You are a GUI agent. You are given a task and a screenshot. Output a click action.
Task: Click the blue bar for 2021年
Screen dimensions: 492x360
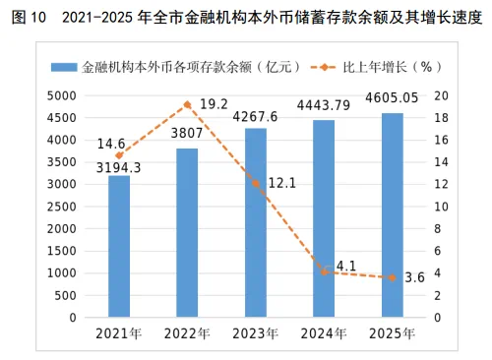pos(119,246)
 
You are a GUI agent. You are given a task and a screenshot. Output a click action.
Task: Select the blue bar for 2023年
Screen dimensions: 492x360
pos(256,222)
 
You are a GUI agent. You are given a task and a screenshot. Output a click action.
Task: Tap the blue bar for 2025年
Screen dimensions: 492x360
pos(393,215)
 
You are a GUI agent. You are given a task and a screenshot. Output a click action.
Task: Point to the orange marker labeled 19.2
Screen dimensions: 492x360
pos(187,105)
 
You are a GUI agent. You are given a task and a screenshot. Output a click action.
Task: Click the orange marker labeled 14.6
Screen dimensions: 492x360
pos(119,155)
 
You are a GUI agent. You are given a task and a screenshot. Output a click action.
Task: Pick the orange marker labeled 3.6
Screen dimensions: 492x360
pos(393,277)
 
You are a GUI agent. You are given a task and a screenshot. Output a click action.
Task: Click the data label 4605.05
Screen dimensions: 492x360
pos(392,97)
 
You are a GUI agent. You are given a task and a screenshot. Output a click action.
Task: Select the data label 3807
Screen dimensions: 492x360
pos(187,133)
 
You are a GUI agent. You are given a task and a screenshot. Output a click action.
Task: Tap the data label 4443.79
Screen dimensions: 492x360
pos(324,105)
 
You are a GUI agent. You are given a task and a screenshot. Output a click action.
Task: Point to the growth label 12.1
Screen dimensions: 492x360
pos(282,183)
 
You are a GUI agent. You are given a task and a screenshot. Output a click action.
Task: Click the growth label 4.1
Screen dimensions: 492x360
pos(346,266)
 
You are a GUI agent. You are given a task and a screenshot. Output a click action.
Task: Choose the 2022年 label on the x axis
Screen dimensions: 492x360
pos(187,333)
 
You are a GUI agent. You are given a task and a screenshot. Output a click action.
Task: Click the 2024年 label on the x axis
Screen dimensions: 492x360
pos(324,333)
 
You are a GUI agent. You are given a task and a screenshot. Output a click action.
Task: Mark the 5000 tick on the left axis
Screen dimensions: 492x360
pos(62,96)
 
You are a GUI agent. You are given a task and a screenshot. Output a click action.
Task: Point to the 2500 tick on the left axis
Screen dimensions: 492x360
pos(62,207)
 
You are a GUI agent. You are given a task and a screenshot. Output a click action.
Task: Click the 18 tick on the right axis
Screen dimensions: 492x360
pos(441,118)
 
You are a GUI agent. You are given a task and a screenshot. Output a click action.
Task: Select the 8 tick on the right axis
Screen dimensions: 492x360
pos(438,229)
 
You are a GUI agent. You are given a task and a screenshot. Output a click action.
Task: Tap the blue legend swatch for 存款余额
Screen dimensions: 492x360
pos(64,67)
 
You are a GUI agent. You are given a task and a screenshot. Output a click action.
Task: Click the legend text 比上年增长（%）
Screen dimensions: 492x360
pos(393,67)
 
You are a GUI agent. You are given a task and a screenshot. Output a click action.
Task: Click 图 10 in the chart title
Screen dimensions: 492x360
pos(29,17)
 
